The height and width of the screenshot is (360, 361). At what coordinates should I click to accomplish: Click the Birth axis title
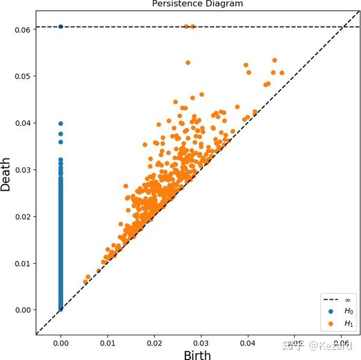tap(197, 355)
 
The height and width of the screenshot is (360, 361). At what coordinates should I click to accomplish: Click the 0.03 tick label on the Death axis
tap(23, 169)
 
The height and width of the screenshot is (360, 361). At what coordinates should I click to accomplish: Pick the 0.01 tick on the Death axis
tap(23, 263)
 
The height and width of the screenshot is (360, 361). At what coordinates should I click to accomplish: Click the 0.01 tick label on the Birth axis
tap(108, 343)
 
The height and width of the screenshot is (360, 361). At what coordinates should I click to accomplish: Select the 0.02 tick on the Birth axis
tap(155, 343)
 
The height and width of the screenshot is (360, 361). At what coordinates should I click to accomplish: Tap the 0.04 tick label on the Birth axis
tap(248, 343)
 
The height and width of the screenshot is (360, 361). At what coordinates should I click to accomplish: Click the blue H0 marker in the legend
tap(330, 311)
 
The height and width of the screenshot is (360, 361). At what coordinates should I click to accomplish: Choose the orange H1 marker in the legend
tap(330, 324)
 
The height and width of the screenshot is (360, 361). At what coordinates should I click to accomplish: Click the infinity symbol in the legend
tap(348, 299)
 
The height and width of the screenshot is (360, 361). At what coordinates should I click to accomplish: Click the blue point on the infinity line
tap(61, 26)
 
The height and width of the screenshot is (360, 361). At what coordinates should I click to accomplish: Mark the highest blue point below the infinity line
tap(61, 123)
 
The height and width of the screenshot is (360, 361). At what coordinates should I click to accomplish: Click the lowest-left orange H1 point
tap(85, 282)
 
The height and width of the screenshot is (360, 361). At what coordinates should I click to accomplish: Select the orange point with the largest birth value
tap(282, 73)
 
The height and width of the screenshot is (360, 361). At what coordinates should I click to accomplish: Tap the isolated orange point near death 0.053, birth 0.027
tap(188, 63)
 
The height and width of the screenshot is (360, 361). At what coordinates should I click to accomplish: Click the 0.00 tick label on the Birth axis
tap(61, 343)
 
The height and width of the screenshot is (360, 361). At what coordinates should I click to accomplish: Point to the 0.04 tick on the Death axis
tap(23, 123)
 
